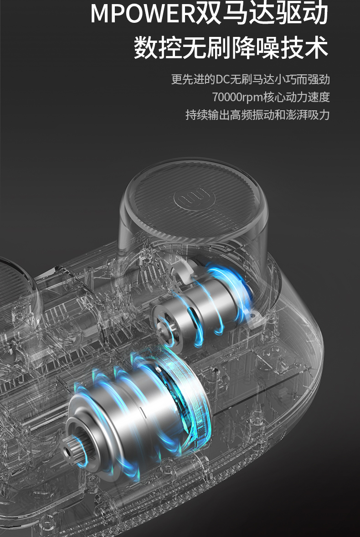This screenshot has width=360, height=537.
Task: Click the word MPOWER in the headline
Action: pyautogui.click(x=143, y=14)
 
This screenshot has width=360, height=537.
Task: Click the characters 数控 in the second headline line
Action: pyautogui.click(x=158, y=48)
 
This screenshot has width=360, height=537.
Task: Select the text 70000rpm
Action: pyautogui.click(x=237, y=97)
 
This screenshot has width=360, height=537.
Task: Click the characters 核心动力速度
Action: pyautogui.click(x=297, y=97)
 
